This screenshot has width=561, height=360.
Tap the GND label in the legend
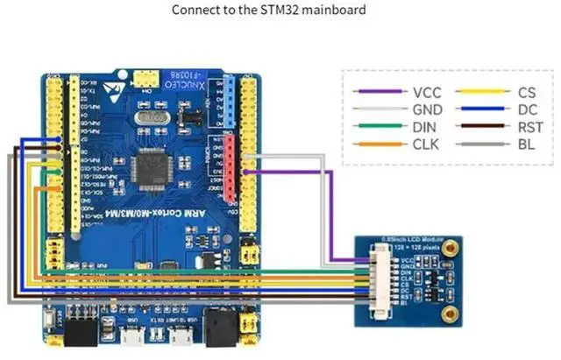pos(426,109)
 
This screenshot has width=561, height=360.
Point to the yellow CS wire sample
pos(485,90)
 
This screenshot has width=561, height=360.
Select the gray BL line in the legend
pos(485,144)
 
